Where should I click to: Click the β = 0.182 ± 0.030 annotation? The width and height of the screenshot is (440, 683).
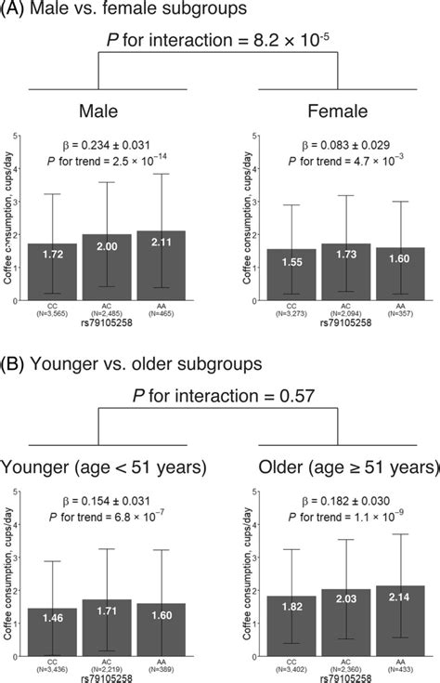click(x=343, y=498)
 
